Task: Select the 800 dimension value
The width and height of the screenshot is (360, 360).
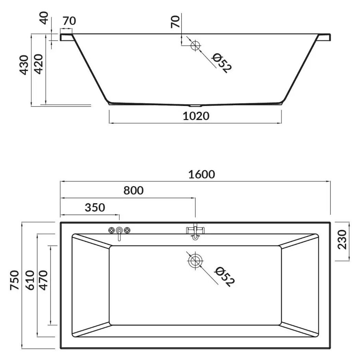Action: tap(133, 191)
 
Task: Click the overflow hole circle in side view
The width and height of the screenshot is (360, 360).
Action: tap(195, 46)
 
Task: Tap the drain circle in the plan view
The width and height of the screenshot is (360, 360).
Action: tap(195, 261)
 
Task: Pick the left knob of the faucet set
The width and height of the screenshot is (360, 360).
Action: tap(111, 230)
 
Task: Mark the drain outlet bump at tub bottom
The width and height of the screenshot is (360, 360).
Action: tap(195, 105)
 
